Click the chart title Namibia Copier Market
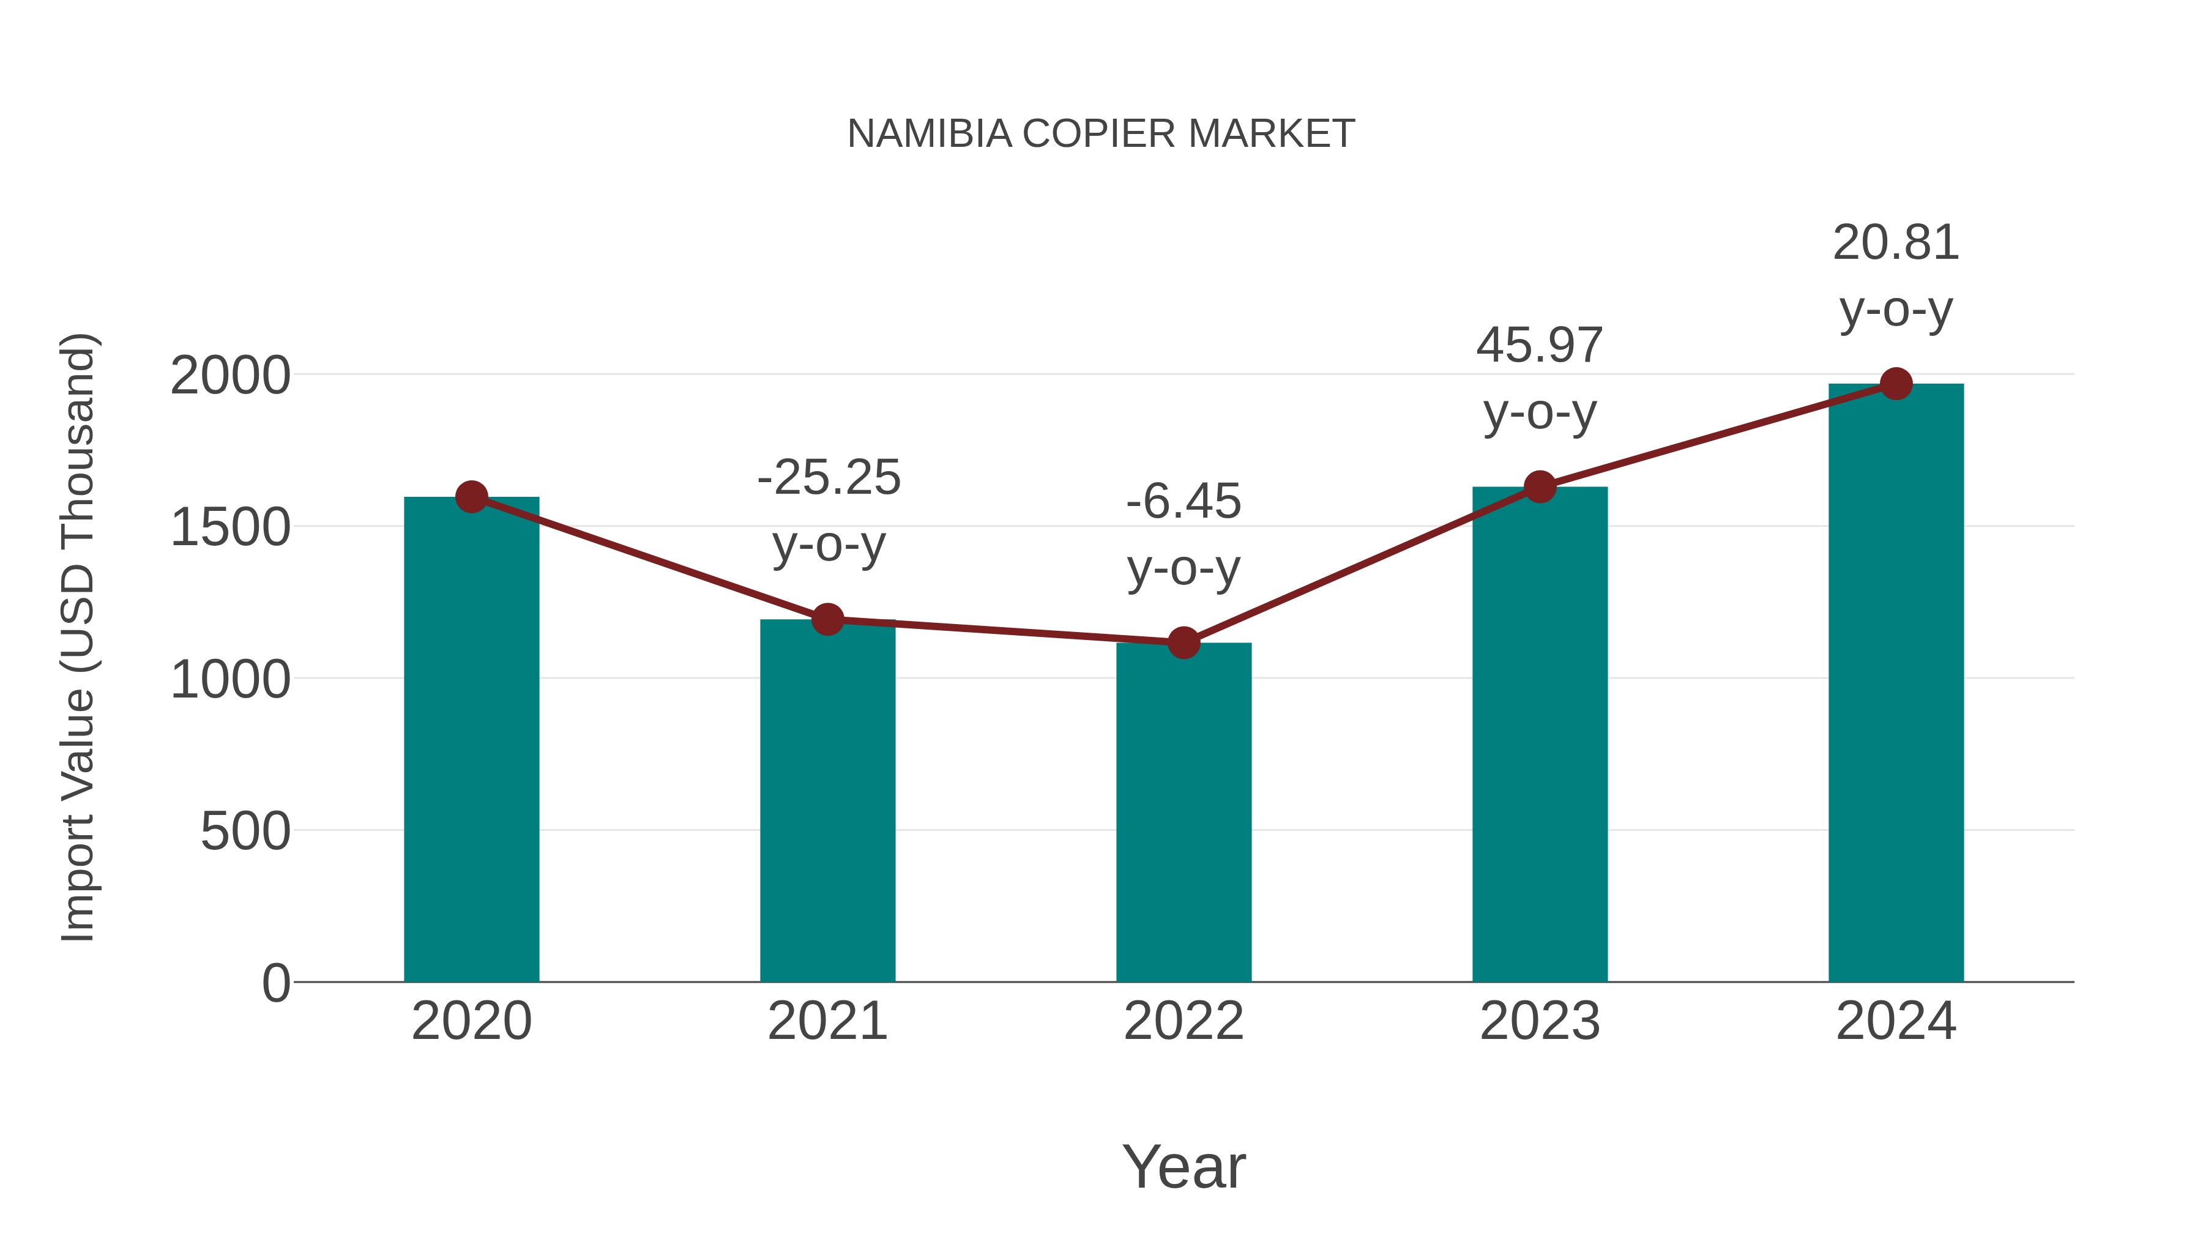[x=1101, y=134]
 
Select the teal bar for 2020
[x=471, y=740]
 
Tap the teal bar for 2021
[x=827, y=800]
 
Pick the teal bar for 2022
[x=1184, y=813]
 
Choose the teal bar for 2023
[x=1540, y=734]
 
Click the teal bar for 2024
[x=1896, y=683]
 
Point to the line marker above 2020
[x=471, y=497]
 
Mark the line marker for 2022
[x=1184, y=642]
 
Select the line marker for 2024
[x=1896, y=384]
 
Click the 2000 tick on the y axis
[x=230, y=376]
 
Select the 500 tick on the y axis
[x=245, y=831]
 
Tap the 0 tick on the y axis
[x=276, y=983]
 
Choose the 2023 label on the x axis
[x=1540, y=1021]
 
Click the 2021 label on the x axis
[x=827, y=1021]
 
